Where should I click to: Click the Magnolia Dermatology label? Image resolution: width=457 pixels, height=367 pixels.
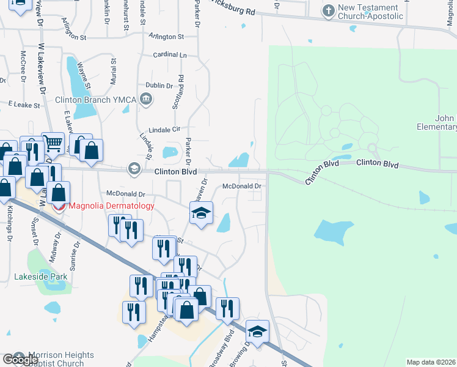[x=111, y=206]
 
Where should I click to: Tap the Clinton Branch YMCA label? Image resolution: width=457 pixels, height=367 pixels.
[x=91, y=100]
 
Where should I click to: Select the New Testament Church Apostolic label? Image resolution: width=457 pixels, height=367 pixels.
[x=371, y=12]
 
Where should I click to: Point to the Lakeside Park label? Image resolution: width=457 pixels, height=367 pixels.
[x=41, y=277]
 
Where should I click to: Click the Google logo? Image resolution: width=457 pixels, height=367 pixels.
[x=20, y=360]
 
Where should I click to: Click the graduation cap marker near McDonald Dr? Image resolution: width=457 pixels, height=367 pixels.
[x=201, y=213]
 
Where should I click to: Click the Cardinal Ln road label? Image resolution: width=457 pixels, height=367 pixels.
[x=170, y=55]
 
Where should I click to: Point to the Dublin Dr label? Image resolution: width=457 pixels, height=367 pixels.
[x=159, y=86]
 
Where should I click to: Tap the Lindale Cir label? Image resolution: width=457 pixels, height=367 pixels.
[x=167, y=130]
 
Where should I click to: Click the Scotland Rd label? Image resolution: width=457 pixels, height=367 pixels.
[x=181, y=92]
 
